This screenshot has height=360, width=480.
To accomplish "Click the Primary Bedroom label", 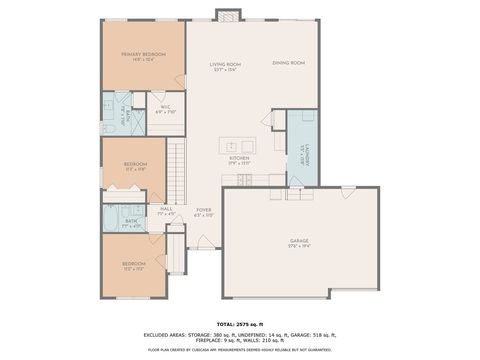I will coord(143,54).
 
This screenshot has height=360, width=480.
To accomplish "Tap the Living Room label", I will coord(225,65).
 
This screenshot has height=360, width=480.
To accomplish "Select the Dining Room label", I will coord(288,63).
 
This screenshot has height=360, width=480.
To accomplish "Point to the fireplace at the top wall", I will coord(228,16).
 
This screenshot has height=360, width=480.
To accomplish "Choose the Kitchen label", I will coord(238,158).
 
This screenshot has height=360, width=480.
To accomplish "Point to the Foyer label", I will coord(204,211).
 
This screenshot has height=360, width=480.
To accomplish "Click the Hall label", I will coord(166,211).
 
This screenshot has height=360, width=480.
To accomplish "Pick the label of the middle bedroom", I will coord(135,165).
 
